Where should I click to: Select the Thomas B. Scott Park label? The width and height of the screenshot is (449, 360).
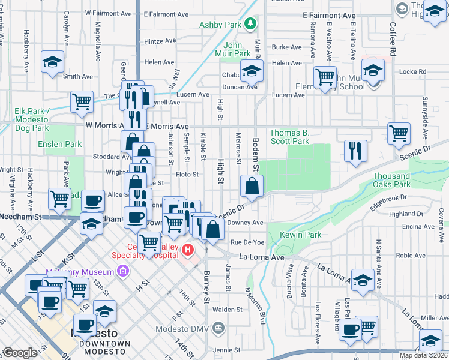tap(289, 137)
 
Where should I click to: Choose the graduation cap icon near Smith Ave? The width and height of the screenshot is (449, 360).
tap(53, 61)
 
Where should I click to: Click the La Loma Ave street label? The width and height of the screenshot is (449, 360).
tap(261, 257)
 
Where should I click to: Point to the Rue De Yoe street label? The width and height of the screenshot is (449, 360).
tap(247, 242)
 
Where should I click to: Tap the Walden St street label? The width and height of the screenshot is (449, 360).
tap(227, 310)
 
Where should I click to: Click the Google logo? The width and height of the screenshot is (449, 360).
tap(19, 353)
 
